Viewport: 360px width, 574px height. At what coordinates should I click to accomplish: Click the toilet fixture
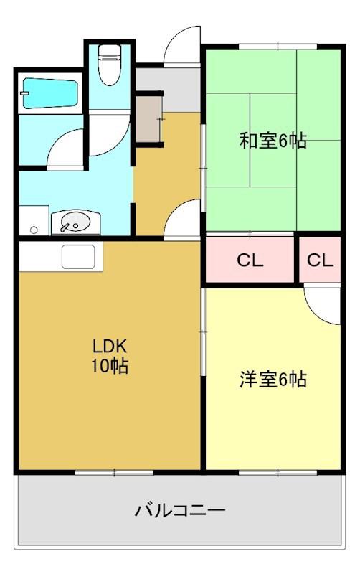[x=110, y=64]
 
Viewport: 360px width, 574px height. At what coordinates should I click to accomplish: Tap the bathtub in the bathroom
[x=50, y=93]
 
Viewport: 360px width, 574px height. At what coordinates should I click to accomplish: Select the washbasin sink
[x=75, y=222]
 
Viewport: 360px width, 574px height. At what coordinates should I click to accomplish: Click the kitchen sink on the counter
[x=78, y=256]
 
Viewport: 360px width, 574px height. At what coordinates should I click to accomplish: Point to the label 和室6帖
[x=273, y=141]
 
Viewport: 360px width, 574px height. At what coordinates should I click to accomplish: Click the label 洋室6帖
[x=273, y=380]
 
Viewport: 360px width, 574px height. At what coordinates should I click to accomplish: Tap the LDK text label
[x=109, y=345]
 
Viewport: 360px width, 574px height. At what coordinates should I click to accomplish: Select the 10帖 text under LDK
[x=110, y=365]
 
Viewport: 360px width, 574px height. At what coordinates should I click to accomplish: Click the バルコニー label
[x=180, y=510]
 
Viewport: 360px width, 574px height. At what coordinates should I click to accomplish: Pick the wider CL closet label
[x=250, y=260]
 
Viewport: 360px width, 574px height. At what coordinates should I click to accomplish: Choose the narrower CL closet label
[x=320, y=260]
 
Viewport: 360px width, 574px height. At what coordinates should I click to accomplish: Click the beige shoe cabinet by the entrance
[x=148, y=119]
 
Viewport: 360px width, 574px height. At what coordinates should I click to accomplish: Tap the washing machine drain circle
[x=34, y=230]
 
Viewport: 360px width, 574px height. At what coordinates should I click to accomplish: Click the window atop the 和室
[x=278, y=47]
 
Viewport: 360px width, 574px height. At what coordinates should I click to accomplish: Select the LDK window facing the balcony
[x=114, y=473]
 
